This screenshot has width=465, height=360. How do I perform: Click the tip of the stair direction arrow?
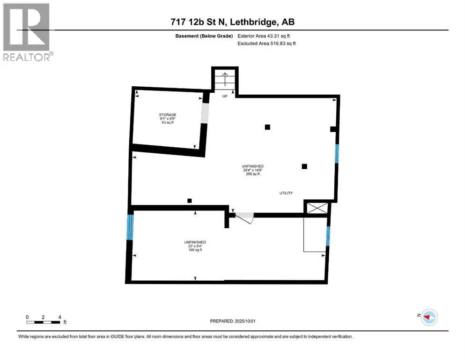click(225, 73)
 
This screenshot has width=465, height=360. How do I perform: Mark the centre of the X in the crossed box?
click(317, 208)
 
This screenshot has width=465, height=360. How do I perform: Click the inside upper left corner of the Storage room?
click(135, 90)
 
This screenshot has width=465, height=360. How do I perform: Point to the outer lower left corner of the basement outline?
click(125, 284)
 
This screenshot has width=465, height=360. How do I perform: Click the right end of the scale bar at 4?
click(60, 322)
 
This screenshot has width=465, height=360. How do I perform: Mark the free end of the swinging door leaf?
click(251, 224)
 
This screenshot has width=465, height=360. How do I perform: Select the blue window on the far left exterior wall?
click(130, 227)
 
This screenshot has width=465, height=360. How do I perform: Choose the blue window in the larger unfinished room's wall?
click(337, 153)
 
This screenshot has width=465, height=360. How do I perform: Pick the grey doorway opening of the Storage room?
click(205, 113)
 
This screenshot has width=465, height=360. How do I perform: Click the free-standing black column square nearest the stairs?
click(267, 127)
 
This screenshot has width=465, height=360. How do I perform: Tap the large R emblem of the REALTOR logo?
click(26, 27)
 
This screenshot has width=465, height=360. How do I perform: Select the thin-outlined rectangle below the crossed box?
click(315, 235)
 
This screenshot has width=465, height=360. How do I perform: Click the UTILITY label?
click(286, 193)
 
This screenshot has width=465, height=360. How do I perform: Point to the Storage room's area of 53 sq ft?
click(168, 122)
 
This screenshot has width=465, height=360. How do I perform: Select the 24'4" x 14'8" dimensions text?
click(253, 170)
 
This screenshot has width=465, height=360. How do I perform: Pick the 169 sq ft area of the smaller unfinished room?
click(195, 250)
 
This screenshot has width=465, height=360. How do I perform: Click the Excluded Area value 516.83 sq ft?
click(283, 43)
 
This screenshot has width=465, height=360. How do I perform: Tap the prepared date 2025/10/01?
click(245, 321)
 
